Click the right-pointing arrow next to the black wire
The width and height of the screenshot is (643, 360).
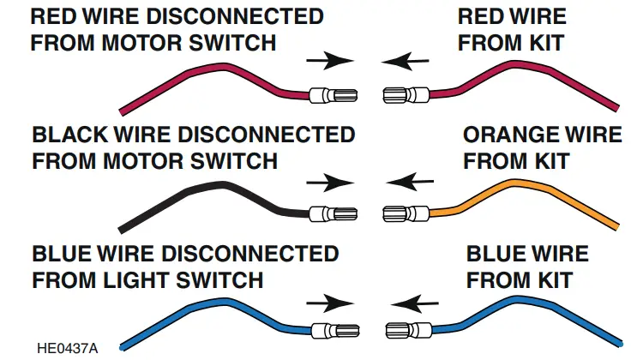tap(330, 182)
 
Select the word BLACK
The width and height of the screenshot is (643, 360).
tap(69, 135)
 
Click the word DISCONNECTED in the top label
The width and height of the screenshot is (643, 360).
tap(228, 17)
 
